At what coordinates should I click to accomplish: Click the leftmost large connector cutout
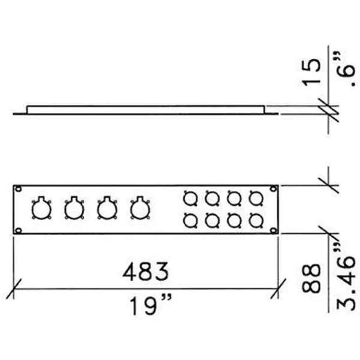(41, 209)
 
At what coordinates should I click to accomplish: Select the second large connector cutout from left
(74, 209)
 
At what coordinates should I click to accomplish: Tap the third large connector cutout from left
(107, 209)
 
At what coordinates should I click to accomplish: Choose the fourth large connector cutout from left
(140, 209)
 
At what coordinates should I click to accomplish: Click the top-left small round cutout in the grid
(190, 197)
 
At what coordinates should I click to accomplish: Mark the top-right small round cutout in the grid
(256, 197)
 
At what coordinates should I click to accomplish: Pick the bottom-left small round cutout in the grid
(190, 220)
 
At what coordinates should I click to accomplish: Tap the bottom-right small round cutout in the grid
(256, 220)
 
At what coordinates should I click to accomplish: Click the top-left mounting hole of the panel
(19, 189)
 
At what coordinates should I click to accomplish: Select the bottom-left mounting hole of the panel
(19, 230)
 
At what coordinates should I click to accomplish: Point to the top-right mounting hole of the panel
(273, 189)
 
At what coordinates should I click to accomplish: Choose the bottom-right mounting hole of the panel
(273, 230)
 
